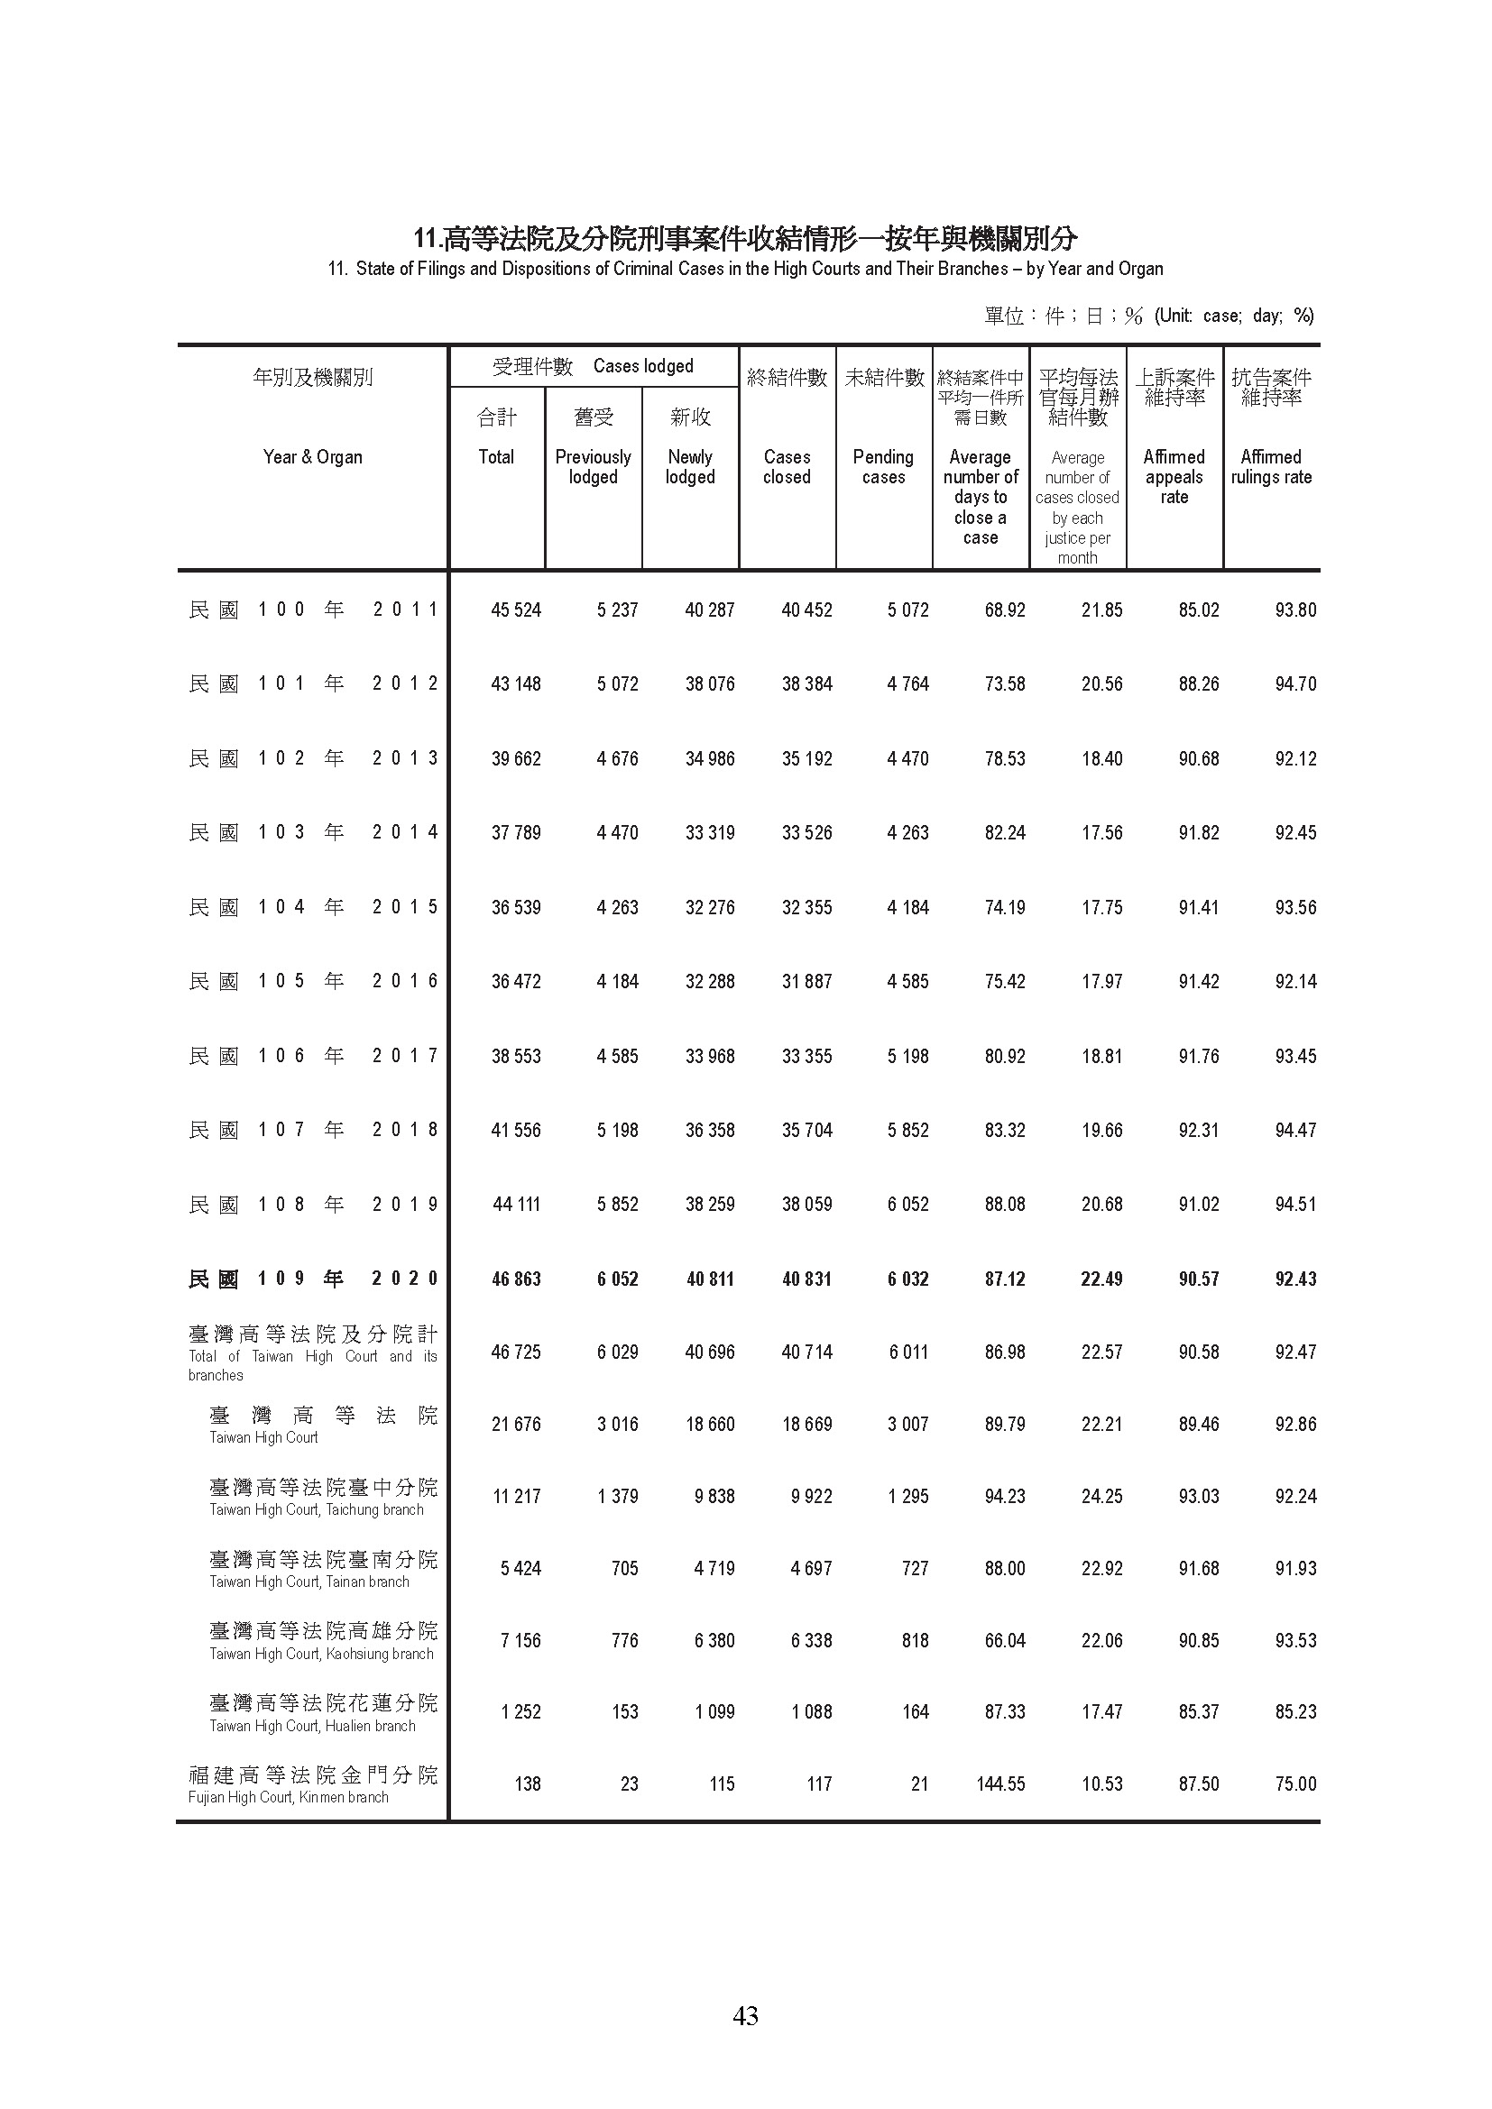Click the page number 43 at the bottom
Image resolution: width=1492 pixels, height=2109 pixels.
point(745,2015)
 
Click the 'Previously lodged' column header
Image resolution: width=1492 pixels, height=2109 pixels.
point(593,467)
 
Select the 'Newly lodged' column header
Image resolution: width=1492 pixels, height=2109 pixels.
point(690,467)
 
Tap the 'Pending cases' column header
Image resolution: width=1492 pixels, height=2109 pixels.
point(883,467)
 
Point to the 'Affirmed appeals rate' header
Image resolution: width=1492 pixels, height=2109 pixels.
point(1174,477)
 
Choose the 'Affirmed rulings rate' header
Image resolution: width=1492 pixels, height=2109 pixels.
point(1272,467)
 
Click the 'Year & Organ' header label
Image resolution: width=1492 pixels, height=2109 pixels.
point(312,456)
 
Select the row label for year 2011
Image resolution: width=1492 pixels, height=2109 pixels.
point(312,610)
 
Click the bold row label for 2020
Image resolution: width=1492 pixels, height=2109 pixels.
point(312,1279)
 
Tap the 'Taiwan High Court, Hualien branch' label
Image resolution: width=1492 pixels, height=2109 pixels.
point(312,1726)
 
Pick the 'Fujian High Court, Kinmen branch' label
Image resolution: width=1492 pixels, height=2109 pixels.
point(289,1798)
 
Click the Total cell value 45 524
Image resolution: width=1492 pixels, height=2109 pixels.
point(515,610)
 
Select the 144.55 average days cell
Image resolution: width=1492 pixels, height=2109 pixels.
point(1000,1783)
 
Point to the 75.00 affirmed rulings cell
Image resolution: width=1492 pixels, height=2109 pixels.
point(1295,1783)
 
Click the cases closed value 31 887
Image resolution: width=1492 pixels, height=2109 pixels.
point(806,982)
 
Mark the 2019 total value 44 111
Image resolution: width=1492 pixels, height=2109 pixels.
point(515,1205)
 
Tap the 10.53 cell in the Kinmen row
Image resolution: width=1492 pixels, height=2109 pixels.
point(1101,1783)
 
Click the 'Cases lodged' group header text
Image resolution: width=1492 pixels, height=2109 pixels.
point(643,366)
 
